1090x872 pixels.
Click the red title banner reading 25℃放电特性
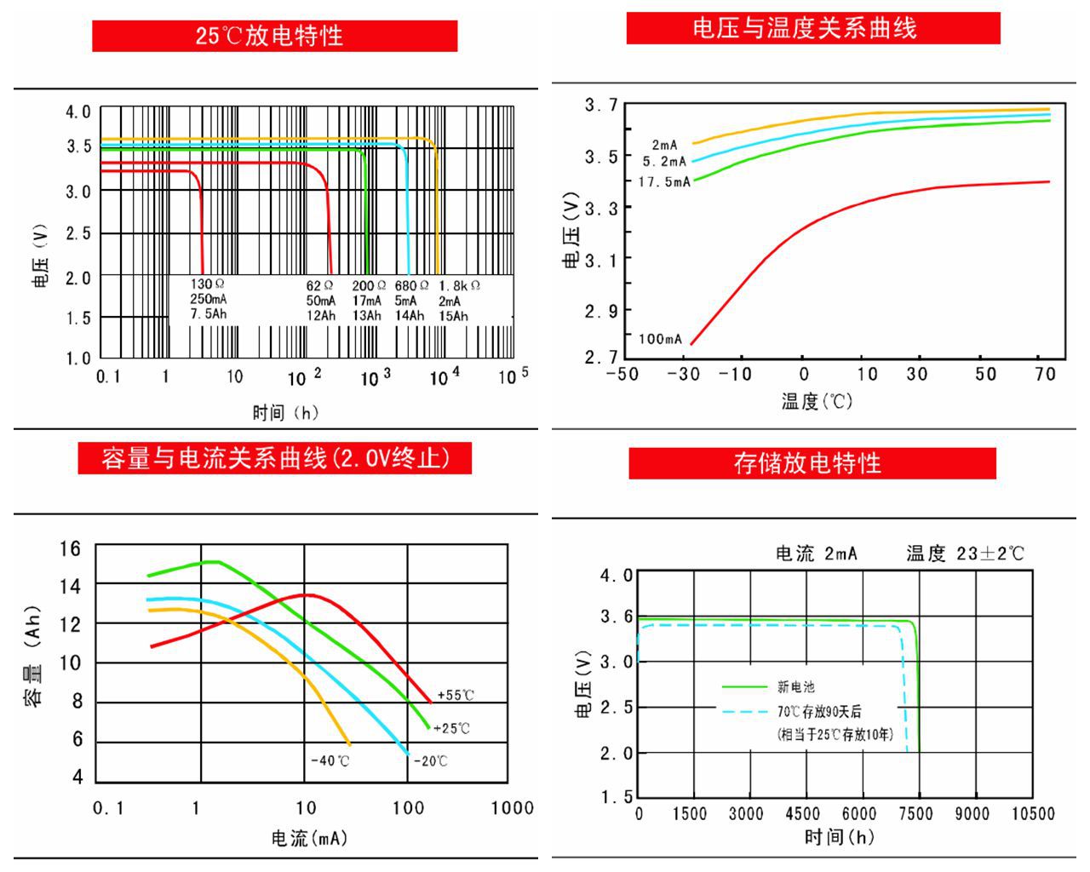274,36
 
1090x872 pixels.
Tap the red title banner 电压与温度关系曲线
812,28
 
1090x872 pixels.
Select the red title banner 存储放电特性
812,463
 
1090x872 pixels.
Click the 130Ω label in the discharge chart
207,284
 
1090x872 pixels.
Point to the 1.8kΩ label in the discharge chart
459,286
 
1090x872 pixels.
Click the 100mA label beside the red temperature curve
660,339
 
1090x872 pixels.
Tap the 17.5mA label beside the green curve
664,181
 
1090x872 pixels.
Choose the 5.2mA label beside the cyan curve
664,161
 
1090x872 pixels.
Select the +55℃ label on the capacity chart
456,695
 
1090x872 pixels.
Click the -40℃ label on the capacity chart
330,760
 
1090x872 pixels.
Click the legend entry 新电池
796,686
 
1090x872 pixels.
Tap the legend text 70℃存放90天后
818,712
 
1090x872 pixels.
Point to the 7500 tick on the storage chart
915,814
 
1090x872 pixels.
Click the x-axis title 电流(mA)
309,839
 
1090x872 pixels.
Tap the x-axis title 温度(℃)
817,401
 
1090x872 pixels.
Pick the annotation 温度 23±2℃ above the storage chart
965,554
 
